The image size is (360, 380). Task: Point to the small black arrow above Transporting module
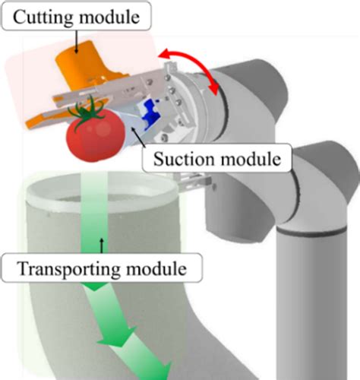point(100,245)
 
